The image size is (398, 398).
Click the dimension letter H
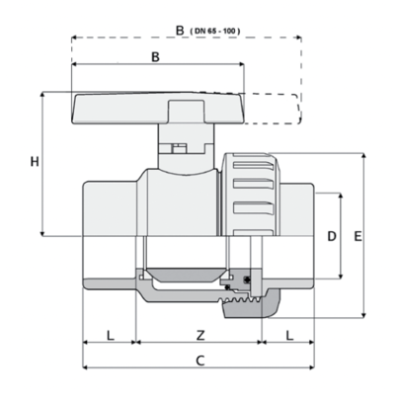pos(35,162)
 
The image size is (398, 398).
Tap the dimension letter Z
pos(200,336)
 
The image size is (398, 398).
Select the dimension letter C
pos(200,360)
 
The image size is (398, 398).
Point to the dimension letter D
pos(332,236)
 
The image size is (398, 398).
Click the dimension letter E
pos(358,236)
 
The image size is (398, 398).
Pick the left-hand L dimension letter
pos(111,336)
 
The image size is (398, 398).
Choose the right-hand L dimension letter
pos(289,336)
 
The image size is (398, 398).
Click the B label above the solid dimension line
pos(155,56)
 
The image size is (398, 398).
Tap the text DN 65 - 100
pos(215,32)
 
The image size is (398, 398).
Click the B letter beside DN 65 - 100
pos(180,31)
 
